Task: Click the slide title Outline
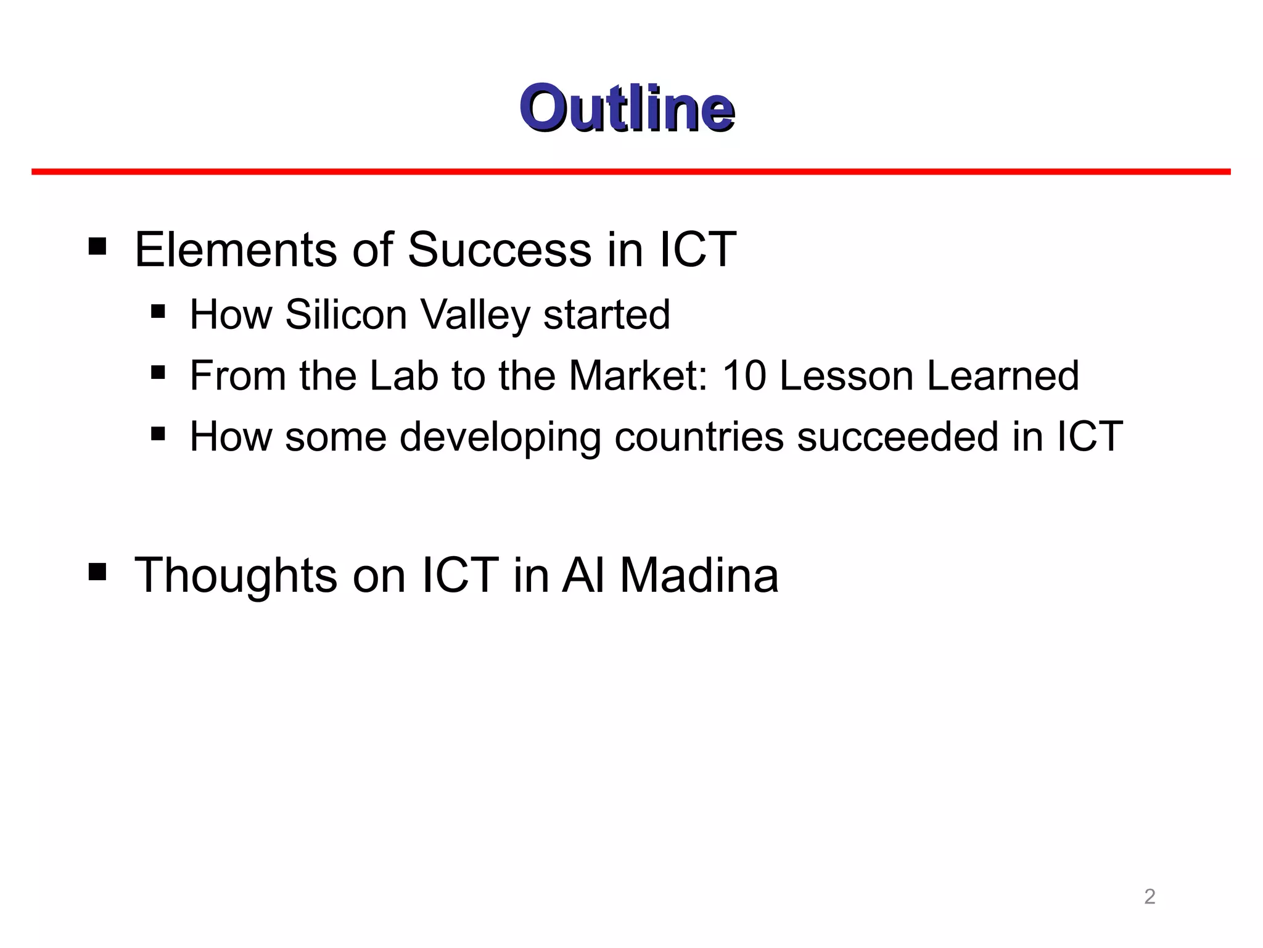tap(627, 109)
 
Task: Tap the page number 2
tap(1150, 896)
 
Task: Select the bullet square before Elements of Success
tap(97, 247)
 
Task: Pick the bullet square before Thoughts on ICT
tap(97, 572)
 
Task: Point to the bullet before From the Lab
tap(158, 372)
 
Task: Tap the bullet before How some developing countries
tap(158, 433)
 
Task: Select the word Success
tap(500, 249)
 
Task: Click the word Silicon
tap(346, 314)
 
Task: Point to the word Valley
tap(475, 315)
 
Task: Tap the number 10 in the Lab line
tap(744, 376)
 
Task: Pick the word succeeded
tap(897, 437)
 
